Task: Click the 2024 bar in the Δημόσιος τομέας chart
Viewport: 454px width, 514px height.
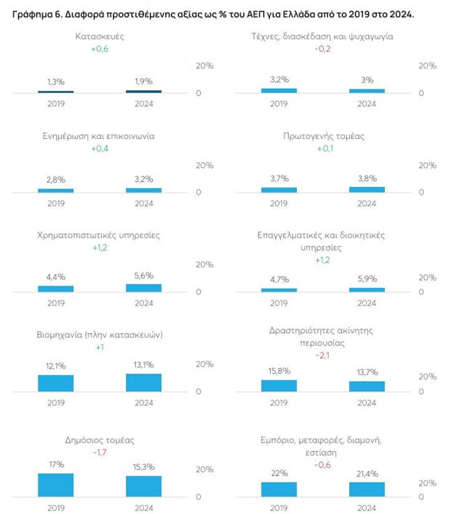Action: [143, 486]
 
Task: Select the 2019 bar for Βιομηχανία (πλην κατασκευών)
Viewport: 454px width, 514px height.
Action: [56, 382]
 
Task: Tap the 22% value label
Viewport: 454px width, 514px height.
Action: [279, 473]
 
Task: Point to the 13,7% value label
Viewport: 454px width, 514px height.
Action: [367, 372]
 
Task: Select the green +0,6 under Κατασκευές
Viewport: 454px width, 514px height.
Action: [100, 49]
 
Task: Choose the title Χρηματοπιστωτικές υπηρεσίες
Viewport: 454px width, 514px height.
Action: [99, 236]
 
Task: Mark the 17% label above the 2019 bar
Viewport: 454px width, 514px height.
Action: [56, 464]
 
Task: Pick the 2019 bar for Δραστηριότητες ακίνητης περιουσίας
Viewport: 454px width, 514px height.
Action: [279, 385]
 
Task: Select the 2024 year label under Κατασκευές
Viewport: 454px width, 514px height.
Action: [143, 104]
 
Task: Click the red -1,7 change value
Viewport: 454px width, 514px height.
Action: [100, 452]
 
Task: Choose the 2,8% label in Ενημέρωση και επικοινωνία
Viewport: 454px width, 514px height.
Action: [56, 179]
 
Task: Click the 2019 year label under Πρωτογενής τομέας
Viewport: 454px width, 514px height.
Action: [279, 204]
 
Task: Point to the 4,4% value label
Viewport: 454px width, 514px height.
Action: [56, 276]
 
